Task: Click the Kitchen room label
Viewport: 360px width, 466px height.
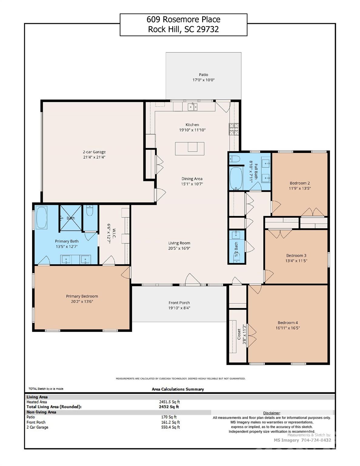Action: [192, 125]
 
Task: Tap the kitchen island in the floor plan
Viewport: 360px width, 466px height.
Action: [190, 149]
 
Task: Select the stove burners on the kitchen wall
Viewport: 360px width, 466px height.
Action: [234, 129]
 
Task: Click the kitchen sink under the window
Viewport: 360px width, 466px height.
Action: [192, 107]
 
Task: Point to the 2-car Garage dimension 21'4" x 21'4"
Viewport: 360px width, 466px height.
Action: [94, 157]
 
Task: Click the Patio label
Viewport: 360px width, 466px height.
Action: [204, 75]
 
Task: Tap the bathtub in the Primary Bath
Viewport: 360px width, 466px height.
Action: [41, 217]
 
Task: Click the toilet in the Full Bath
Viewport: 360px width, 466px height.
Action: [234, 158]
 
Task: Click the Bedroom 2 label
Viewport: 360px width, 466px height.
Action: [300, 183]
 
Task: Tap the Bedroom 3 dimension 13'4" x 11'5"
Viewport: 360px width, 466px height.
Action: [296, 261]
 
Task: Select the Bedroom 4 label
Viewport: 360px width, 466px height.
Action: [288, 322]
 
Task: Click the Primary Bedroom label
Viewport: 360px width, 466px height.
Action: [82, 296]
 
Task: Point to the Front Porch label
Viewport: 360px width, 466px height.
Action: [179, 302]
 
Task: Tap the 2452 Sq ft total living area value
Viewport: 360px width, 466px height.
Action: [169, 407]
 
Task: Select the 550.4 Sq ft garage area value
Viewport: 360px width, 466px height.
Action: [170, 427]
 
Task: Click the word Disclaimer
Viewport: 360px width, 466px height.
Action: [272, 413]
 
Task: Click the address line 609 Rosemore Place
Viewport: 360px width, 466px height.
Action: [183, 19]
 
